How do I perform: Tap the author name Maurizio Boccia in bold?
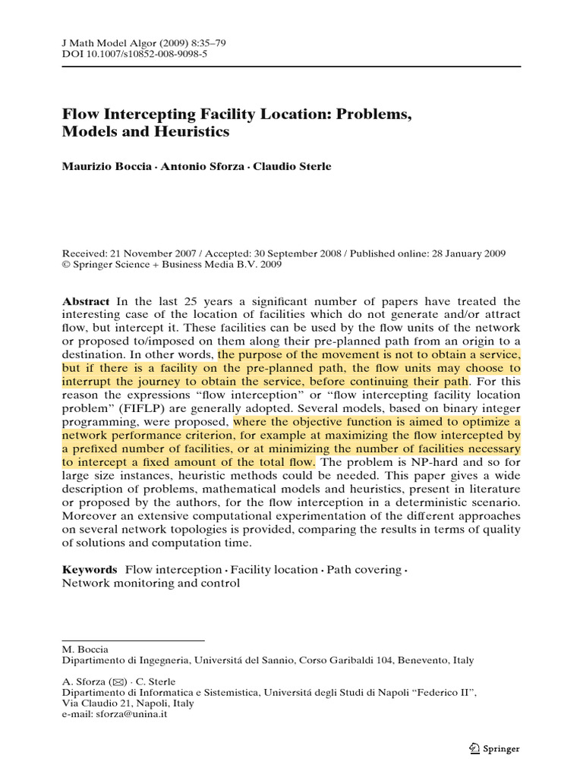(106, 166)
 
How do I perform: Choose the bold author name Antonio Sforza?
(200, 166)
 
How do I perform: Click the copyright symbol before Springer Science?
(65, 266)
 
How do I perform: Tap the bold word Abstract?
(85, 301)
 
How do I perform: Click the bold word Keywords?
(90, 569)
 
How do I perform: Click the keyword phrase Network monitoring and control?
(150, 583)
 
